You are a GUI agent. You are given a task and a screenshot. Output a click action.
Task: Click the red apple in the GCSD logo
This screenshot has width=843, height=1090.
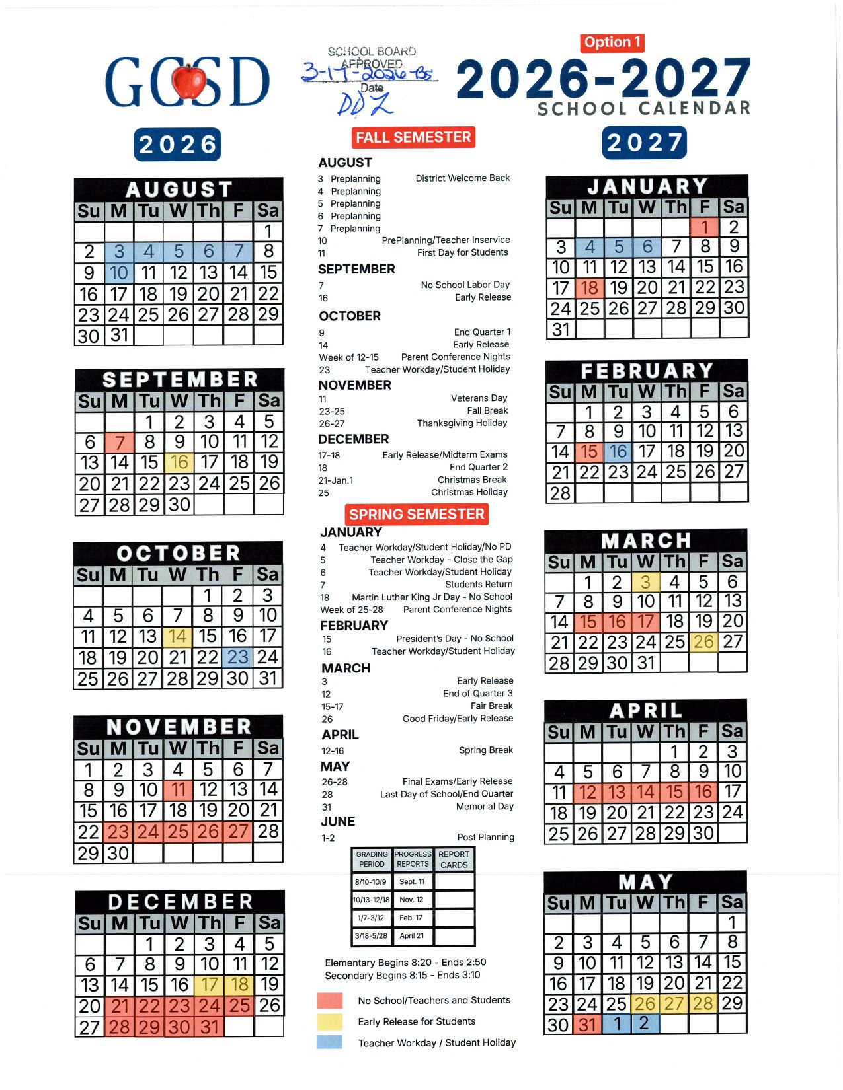189,81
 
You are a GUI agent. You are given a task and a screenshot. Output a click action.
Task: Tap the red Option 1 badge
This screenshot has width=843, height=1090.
613,43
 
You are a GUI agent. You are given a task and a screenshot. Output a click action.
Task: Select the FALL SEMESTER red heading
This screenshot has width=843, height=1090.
413,137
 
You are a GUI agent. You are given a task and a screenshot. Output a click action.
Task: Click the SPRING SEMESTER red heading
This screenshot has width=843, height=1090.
417,515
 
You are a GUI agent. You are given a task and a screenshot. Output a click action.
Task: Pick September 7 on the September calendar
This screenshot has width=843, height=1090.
120,442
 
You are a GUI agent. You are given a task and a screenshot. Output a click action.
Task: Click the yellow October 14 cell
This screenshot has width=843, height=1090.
178,637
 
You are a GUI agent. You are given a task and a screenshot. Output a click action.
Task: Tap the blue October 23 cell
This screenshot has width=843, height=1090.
237,657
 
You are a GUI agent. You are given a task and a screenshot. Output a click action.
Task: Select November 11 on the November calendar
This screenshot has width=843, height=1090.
178,790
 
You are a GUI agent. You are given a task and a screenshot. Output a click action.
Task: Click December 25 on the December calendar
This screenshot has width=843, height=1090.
239,1006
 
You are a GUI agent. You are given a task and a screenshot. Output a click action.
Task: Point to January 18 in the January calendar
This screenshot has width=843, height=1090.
590,288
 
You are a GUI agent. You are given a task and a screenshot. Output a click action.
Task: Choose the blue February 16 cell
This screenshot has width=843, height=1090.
618,452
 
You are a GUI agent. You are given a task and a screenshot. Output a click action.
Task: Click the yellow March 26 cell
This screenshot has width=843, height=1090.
703,642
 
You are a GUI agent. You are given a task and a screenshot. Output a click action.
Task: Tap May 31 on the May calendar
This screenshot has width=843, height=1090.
587,1025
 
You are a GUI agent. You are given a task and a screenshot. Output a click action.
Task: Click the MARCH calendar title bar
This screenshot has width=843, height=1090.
645,541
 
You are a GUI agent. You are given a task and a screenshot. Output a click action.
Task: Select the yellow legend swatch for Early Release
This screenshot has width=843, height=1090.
330,1021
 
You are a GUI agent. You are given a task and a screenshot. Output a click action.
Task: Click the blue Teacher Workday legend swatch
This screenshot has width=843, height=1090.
330,1042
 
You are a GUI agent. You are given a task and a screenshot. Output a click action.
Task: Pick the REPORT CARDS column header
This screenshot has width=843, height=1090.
454,859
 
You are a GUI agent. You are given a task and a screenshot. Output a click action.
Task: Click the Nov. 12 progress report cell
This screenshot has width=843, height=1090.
412,900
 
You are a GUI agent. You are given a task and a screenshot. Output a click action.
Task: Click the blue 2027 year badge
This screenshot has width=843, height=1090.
644,143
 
